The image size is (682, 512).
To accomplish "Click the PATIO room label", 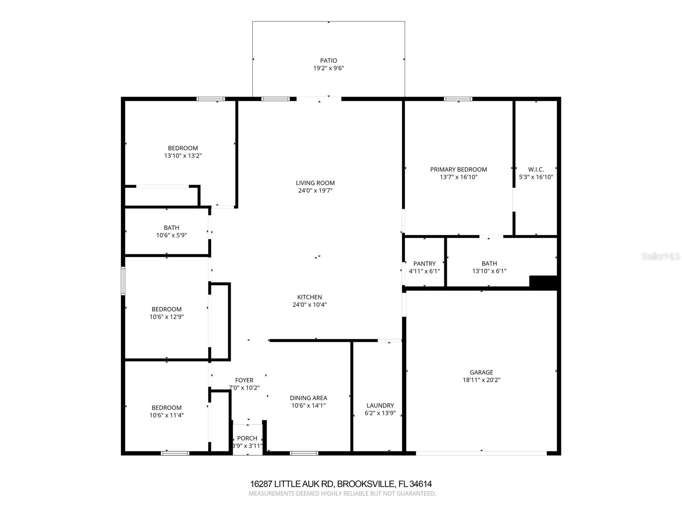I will click(x=328, y=61).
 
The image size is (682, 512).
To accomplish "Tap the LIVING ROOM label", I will click(x=315, y=183).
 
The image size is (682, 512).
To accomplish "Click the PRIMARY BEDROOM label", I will click(x=458, y=169).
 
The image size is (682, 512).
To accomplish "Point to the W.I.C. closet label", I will click(x=536, y=169).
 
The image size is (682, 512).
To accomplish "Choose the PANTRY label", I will click(x=424, y=264).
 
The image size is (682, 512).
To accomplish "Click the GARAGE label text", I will click(x=481, y=372).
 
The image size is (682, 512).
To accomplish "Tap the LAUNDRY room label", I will click(x=380, y=405).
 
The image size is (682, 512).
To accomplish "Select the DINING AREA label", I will click(x=308, y=398).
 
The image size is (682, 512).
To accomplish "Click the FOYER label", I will click(x=244, y=380).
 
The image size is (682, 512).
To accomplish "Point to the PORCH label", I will click(x=247, y=438).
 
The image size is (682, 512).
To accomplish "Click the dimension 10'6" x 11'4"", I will click(x=166, y=415).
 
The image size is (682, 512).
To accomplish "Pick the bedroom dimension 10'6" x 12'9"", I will click(x=166, y=317).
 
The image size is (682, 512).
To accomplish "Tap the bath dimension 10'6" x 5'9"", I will click(x=171, y=235).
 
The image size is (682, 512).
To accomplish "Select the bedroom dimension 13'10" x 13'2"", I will click(x=183, y=156).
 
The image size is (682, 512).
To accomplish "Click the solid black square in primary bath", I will click(x=543, y=282).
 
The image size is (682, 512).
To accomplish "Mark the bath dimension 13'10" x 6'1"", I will click(x=489, y=271).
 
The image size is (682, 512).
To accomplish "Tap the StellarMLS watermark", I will click(x=660, y=256).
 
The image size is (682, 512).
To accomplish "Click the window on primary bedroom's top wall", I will click(x=458, y=99).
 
